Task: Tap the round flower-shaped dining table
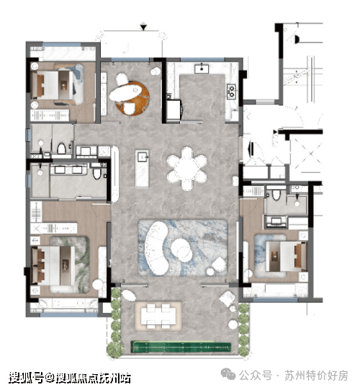tap(186, 169)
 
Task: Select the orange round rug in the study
tap(133, 98)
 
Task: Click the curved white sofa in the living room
tap(156, 248)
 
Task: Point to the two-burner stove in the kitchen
tap(231, 92)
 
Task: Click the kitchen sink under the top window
tap(202, 68)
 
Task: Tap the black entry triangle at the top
tap(143, 27)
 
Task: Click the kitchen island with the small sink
tap(142, 168)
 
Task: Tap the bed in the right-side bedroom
tap(287, 256)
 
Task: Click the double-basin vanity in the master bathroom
tap(68, 169)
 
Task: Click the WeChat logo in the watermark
tap(228, 374)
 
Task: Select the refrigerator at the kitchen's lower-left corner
tap(174, 110)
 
